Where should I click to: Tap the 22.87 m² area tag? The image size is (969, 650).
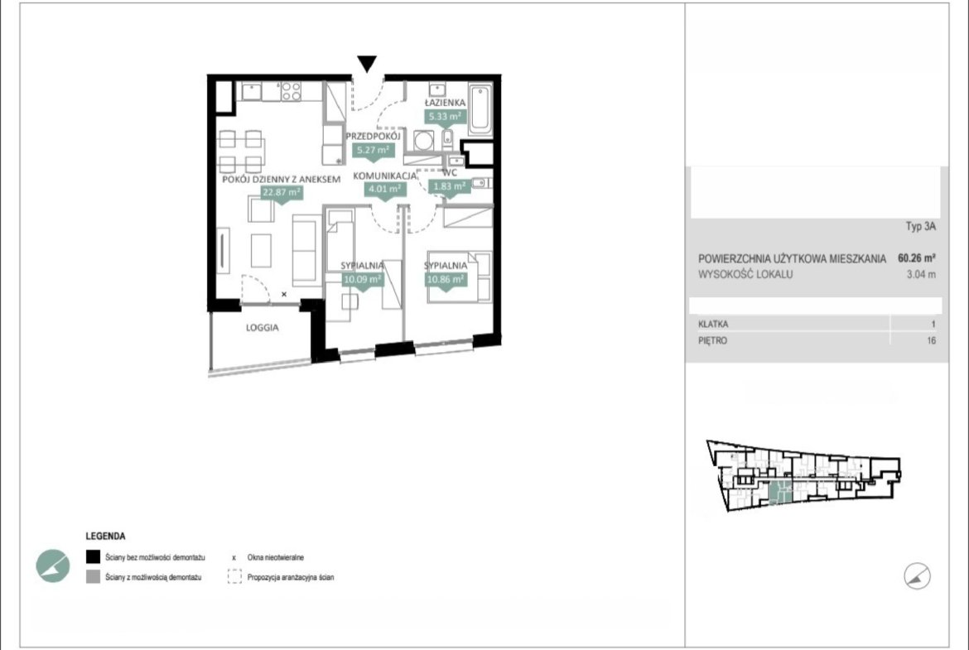pos(282,193)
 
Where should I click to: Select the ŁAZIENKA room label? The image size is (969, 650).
pos(445,103)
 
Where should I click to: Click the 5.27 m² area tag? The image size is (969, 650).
pos(373,150)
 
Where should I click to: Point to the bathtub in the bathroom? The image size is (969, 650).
pos(480,109)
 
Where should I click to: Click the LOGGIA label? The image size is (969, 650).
pos(262,327)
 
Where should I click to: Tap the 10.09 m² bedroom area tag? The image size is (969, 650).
pos(362,279)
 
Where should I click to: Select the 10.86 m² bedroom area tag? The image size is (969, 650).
pos(446,279)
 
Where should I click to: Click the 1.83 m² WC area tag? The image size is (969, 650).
pos(449,186)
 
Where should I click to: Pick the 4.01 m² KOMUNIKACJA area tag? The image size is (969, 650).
pos(385,189)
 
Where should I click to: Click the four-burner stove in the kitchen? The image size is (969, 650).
pos(291,91)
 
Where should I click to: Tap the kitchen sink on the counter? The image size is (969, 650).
pos(251,91)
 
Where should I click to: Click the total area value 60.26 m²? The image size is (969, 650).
pos(917,258)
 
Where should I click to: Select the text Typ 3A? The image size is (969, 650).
pos(921,226)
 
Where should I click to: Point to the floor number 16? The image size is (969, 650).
pos(931,340)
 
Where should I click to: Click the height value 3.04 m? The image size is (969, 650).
pos(921,274)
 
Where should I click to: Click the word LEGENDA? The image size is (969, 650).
pos(105,537)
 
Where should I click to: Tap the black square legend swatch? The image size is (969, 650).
pos(93,557)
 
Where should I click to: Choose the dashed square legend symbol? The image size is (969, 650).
pos(234,577)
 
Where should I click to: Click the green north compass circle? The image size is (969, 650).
pos(52,566)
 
